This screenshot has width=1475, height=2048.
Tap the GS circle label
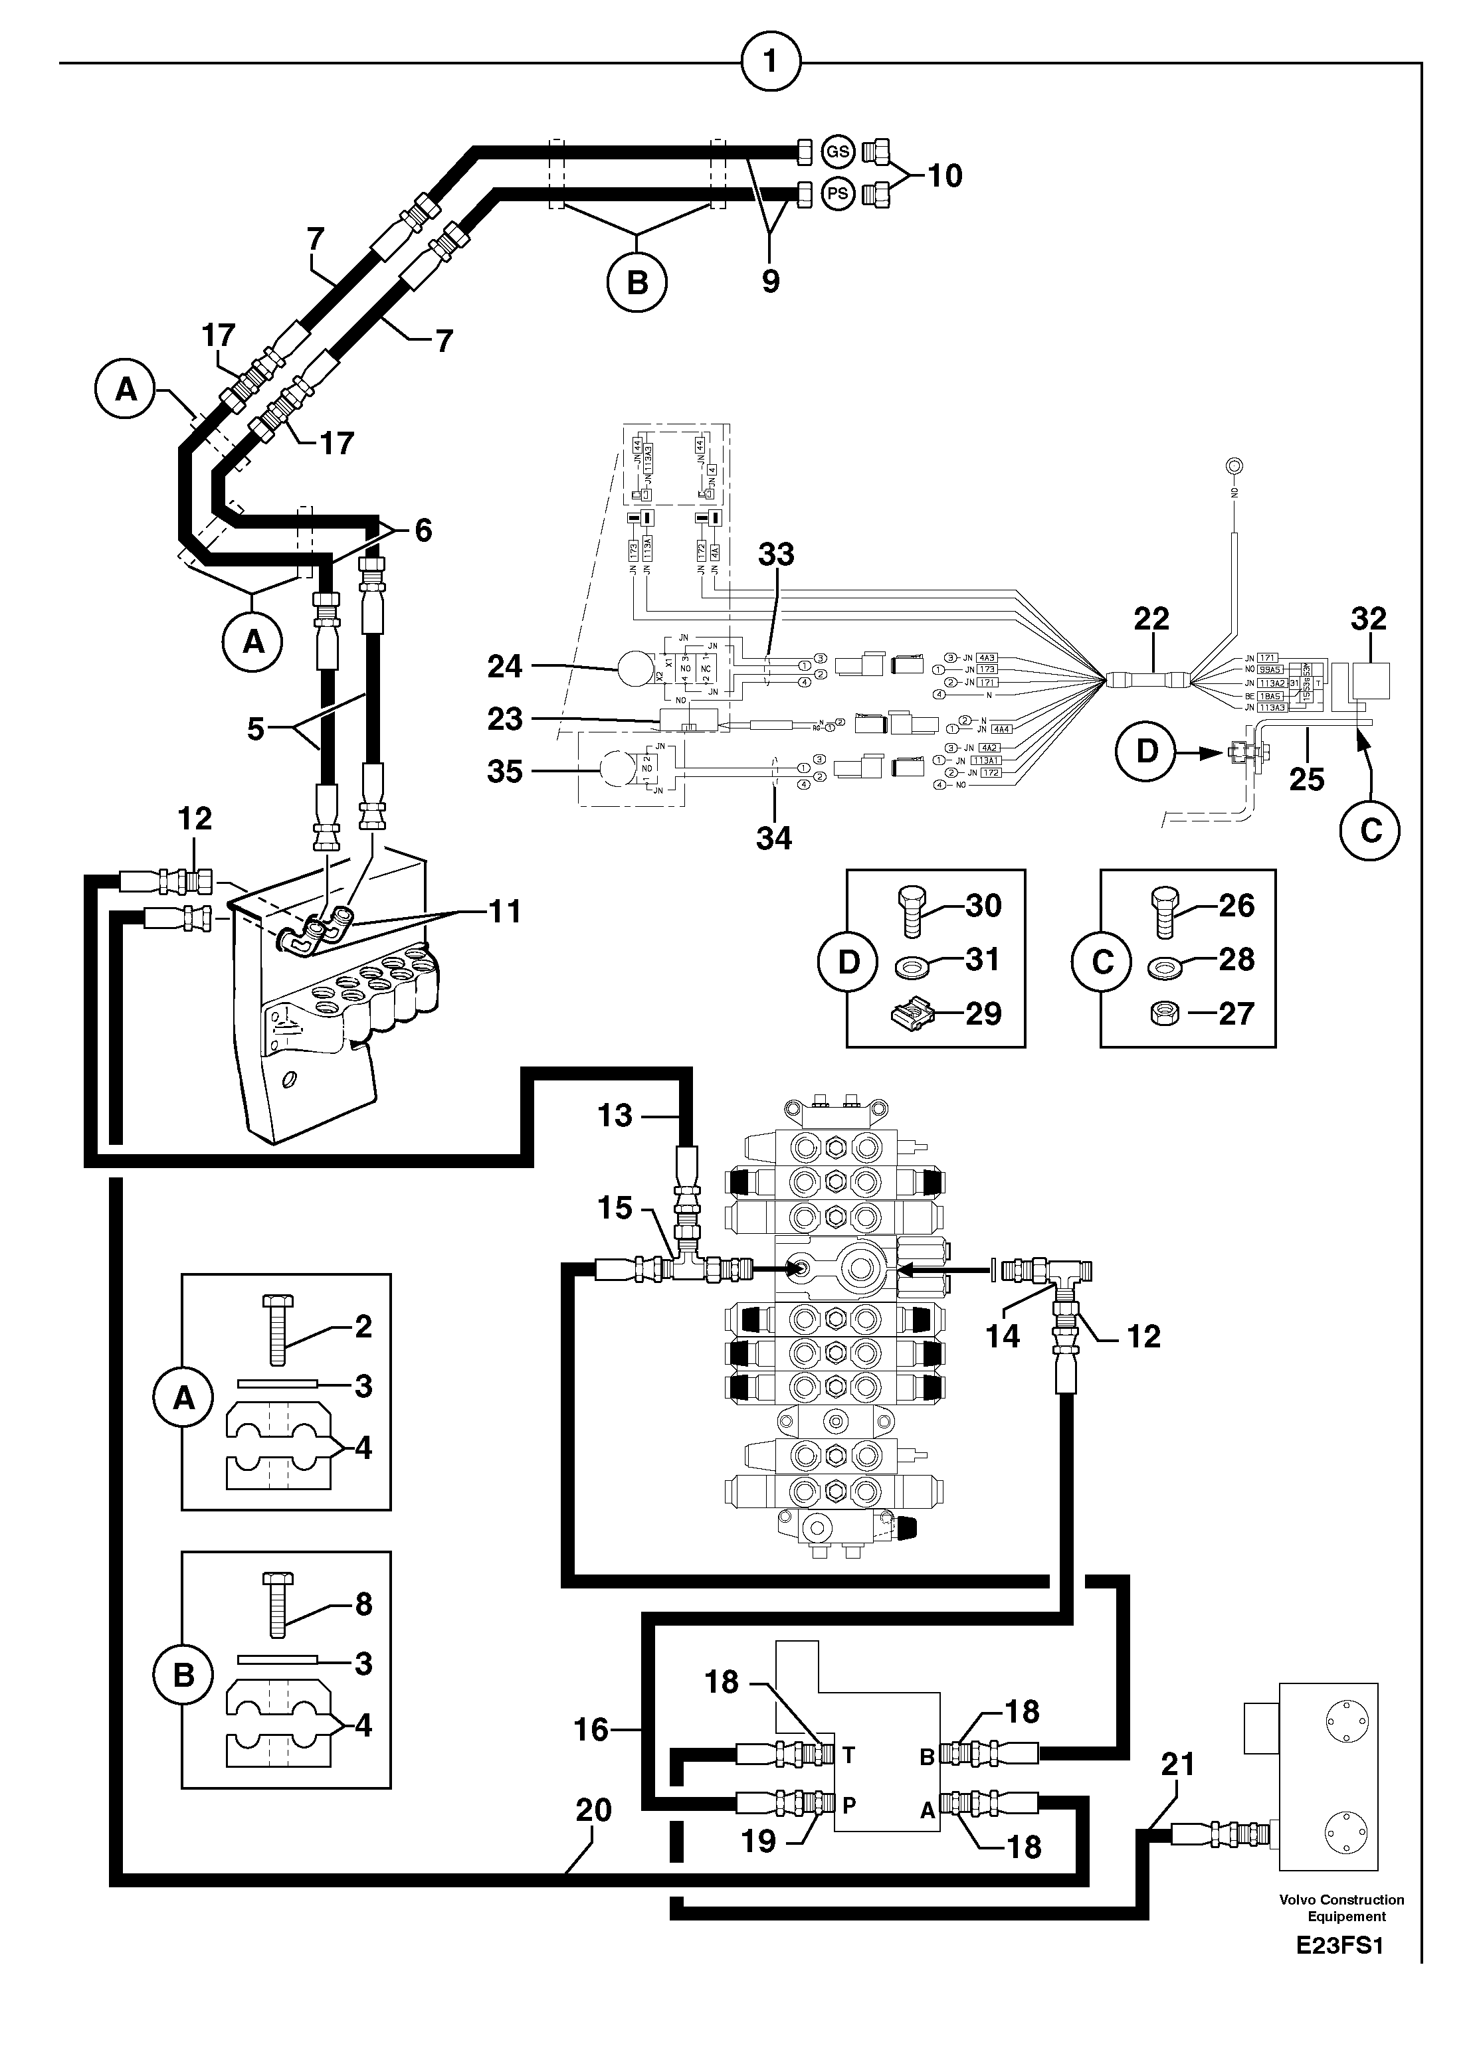pos(837,151)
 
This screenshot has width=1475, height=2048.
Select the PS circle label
pos(837,193)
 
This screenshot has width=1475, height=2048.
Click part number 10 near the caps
pos(944,175)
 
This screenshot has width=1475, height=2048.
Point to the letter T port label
pos(848,1755)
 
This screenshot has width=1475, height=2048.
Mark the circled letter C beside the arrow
pos(1370,830)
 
